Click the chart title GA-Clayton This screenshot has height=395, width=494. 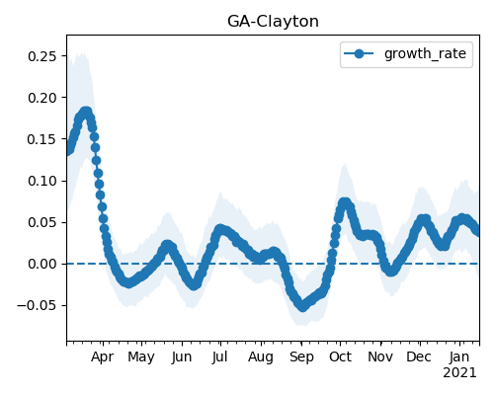[x=273, y=22]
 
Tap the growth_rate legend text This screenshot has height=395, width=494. [x=425, y=53]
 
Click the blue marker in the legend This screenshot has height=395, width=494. [x=359, y=53]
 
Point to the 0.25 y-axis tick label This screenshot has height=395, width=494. [x=42, y=56]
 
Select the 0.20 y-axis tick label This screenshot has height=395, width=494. [x=42, y=98]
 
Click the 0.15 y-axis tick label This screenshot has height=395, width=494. [x=42, y=139]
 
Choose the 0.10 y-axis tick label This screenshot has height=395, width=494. [x=42, y=181]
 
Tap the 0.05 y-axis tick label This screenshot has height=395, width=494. [x=42, y=222]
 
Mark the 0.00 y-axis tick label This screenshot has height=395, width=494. [x=42, y=264]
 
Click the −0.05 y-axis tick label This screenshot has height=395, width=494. [x=37, y=306]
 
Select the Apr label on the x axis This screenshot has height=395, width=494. [x=103, y=357]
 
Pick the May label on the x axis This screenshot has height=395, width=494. [x=141, y=357]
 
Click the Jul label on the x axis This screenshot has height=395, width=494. [x=219, y=356]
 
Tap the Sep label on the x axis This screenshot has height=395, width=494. [x=301, y=357]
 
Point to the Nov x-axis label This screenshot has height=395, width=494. [x=380, y=356]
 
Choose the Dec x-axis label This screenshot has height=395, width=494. [x=419, y=356]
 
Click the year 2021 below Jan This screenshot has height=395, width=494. [x=459, y=373]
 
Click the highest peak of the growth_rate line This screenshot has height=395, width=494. [x=86, y=112]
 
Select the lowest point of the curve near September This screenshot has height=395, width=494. [x=302, y=306]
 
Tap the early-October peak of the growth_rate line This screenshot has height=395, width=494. [x=344, y=202]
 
